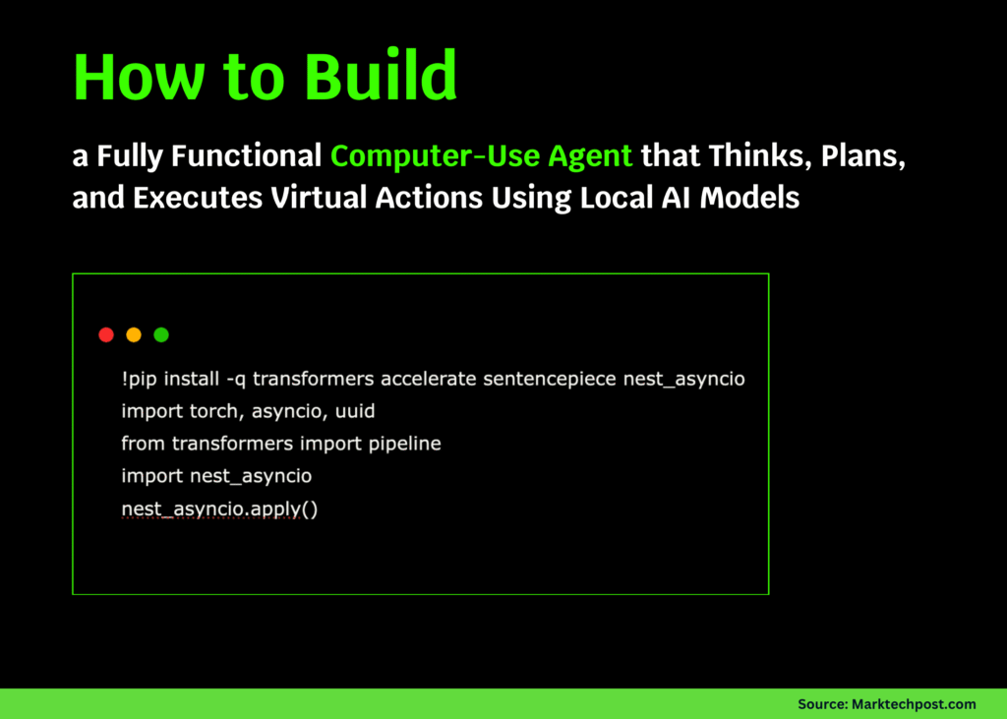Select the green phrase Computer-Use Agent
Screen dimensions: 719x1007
[481, 155]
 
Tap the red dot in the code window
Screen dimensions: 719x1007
[106, 334]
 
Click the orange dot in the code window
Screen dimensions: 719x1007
[134, 334]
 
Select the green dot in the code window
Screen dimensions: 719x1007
[161, 334]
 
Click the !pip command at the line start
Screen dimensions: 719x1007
[140, 379]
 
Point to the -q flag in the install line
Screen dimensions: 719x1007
[235, 379]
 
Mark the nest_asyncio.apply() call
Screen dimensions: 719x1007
[219, 509]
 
